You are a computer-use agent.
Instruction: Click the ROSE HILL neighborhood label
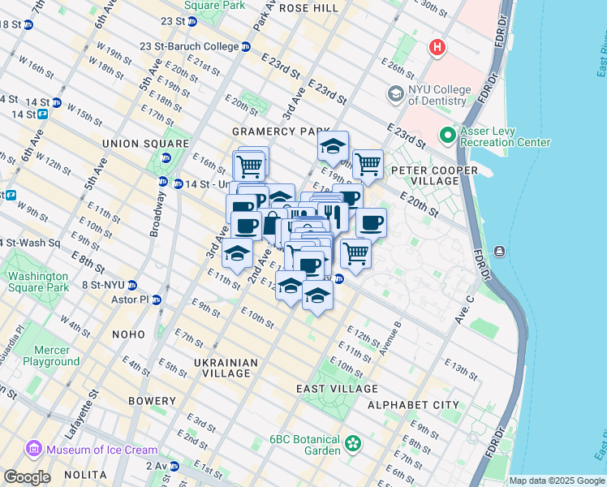pos(308,7)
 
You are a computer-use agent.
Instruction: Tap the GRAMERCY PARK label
pos(281,131)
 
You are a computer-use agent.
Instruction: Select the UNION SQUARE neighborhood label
pos(134,144)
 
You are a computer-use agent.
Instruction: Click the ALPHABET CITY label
pos(413,405)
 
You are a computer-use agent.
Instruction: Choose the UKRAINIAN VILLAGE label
pos(226,368)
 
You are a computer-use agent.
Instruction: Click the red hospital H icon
pos(437,48)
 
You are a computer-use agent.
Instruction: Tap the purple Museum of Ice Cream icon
pos(34,449)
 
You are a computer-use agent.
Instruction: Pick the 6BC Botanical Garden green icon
pos(353,443)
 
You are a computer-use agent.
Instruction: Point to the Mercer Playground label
pos(51,356)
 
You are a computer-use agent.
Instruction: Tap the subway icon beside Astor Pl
pos(157,300)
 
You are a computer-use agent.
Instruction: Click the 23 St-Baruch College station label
pos(189,46)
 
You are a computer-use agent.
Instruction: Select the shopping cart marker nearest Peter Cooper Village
pos(368,164)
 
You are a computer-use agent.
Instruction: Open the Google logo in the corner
pos(27,477)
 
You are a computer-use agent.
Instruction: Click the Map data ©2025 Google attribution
pos(557,481)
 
